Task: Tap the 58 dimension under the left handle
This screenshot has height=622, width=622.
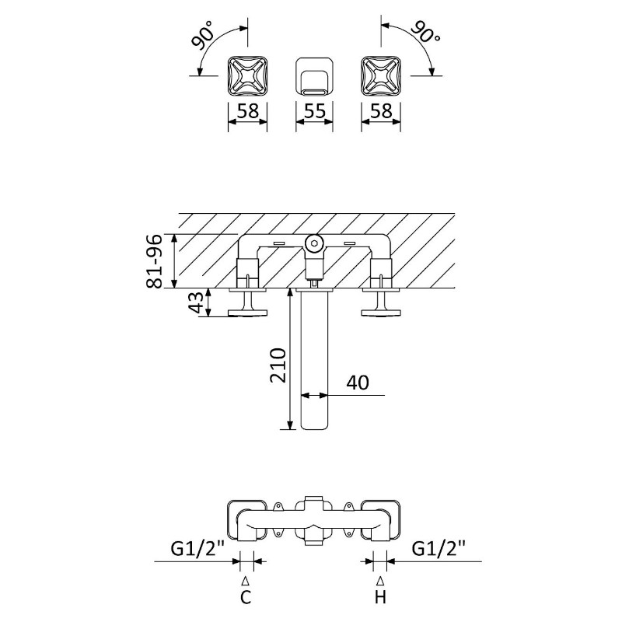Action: click(247, 111)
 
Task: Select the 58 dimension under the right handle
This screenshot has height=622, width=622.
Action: click(380, 111)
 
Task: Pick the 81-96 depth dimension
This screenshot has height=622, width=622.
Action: click(155, 260)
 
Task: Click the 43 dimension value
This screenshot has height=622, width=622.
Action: click(198, 302)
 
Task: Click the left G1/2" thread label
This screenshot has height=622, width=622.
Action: click(198, 549)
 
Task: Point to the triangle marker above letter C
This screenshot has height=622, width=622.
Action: click(246, 580)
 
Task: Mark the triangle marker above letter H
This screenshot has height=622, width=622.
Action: click(380, 580)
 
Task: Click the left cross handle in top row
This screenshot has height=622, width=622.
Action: click(247, 75)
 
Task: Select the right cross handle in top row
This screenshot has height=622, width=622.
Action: click(380, 75)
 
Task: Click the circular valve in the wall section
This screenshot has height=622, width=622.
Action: click(313, 243)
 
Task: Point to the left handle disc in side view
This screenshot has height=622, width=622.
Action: click(247, 313)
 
